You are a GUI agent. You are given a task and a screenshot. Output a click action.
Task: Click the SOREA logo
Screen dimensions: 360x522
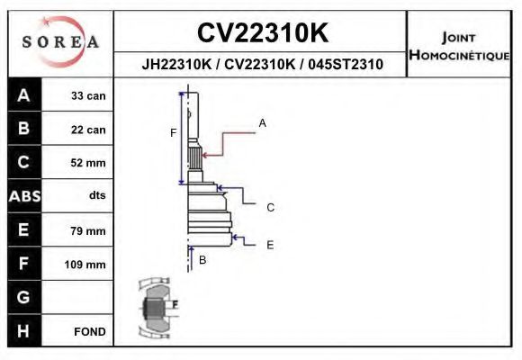tap(59, 42)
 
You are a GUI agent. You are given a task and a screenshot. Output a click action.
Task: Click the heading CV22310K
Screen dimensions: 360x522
tap(262, 32)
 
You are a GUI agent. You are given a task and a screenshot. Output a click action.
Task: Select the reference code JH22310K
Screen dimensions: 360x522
tap(176, 65)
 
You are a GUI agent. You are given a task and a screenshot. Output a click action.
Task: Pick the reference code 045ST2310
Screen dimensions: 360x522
tap(345, 65)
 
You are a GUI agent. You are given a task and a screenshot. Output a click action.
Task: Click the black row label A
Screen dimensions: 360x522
tap(23, 95)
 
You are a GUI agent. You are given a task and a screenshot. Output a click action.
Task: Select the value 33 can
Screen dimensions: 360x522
tap(88, 95)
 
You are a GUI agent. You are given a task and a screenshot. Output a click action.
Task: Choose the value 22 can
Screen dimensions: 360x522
tap(88, 130)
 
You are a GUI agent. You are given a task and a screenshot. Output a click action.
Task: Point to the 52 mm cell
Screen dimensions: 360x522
tap(88, 163)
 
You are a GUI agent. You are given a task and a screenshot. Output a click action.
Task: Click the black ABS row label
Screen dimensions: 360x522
tap(23, 196)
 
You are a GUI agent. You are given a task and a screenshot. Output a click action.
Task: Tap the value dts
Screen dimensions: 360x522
tap(97, 196)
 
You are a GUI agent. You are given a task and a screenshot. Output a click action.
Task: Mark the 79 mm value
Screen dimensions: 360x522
tap(88, 230)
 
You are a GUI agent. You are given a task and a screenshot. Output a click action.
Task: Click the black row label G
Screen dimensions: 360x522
tap(23, 298)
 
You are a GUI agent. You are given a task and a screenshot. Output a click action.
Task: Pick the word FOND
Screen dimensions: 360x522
tap(90, 332)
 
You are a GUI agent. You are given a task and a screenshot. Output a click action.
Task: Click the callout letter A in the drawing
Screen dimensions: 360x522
tap(262, 122)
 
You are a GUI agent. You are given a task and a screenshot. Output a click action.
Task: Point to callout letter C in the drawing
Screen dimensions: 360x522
tap(270, 207)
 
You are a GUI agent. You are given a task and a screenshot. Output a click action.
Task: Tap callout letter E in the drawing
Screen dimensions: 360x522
tap(270, 244)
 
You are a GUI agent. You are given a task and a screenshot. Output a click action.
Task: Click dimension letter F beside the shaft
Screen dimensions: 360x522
tap(173, 133)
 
